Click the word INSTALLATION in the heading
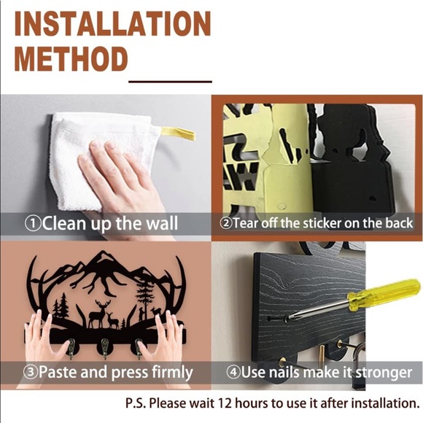click(112, 23)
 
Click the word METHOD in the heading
click(71, 58)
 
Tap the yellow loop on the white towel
click(178, 133)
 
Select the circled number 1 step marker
click(32, 224)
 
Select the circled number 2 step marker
click(226, 223)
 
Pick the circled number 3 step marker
click(31, 372)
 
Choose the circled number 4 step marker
click(233, 372)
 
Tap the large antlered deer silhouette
click(99, 314)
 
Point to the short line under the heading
click(170, 81)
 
